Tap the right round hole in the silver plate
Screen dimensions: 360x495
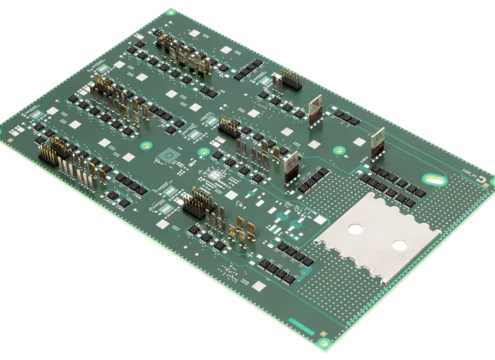coord(397,245)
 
